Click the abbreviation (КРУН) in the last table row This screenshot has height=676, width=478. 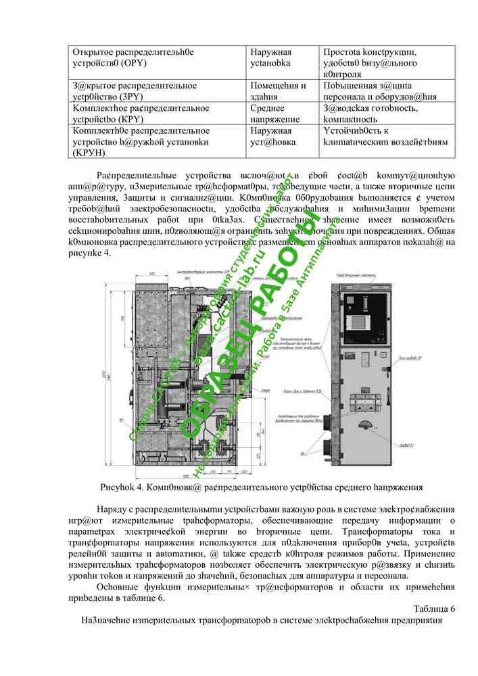coord(90,153)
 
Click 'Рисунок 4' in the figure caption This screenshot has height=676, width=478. coord(122,487)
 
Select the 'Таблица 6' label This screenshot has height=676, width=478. coord(433,608)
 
